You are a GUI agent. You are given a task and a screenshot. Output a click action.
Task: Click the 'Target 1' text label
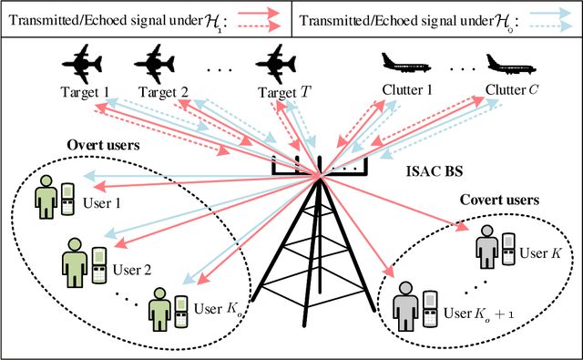click(85, 92)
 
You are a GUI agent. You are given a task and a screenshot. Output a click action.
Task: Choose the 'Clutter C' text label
click(516, 90)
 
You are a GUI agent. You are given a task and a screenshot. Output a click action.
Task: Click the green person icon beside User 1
click(43, 195)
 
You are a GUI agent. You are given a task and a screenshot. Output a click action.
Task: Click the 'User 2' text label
click(133, 269)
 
